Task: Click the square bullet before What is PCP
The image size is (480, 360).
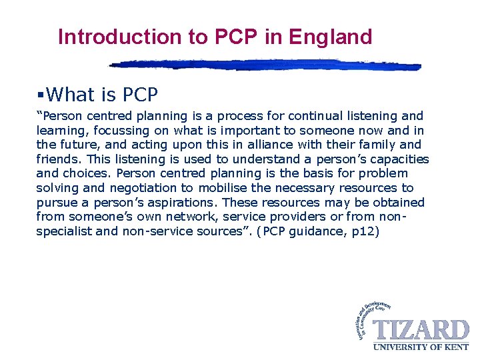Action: (41, 95)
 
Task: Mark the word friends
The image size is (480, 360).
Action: (56, 159)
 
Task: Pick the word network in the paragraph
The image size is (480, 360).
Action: (191, 217)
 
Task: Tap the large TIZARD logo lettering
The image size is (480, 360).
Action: (421, 331)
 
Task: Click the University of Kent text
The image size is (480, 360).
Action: (421, 347)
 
